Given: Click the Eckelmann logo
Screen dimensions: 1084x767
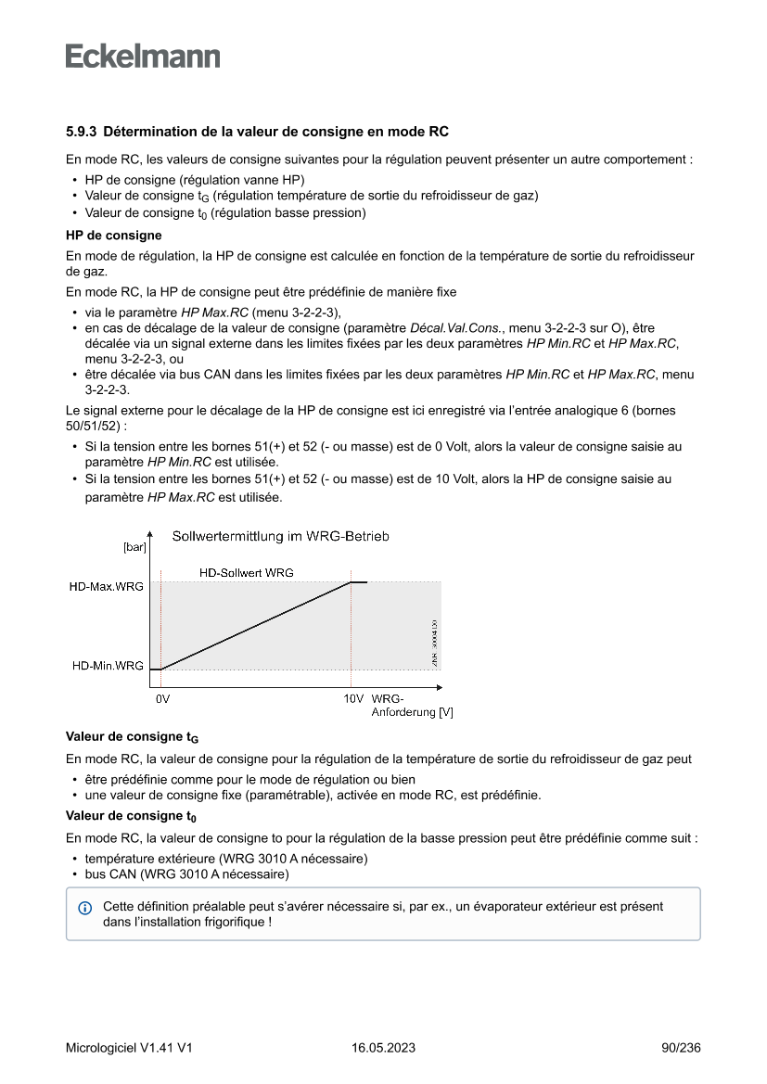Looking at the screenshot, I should [x=143, y=57].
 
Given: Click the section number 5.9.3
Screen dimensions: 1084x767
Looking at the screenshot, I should [x=82, y=132].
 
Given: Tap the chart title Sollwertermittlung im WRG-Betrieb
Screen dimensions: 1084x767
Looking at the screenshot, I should [x=280, y=536].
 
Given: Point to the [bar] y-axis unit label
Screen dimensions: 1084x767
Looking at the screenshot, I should [x=134, y=547].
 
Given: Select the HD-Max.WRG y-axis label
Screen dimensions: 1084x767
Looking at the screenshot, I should [x=106, y=587].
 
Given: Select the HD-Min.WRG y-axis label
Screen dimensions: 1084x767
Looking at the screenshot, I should [x=108, y=666].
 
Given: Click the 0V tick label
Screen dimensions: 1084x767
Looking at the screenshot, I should [x=162, y=698].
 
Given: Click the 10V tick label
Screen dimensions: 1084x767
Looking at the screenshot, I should [x=352, y=698].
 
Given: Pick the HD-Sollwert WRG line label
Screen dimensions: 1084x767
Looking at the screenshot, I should [x=247, y=573].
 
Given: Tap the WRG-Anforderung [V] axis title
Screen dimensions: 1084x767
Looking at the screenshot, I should [x=411, y=706].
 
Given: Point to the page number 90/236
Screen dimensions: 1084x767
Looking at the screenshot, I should [x=681, y=1048].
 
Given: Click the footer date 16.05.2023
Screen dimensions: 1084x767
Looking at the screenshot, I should [x=383, y=1048].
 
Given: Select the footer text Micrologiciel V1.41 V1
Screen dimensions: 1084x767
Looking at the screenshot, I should [x=129, y=1048].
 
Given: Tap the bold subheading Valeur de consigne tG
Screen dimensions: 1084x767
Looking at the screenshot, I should [x=132, y=737].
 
